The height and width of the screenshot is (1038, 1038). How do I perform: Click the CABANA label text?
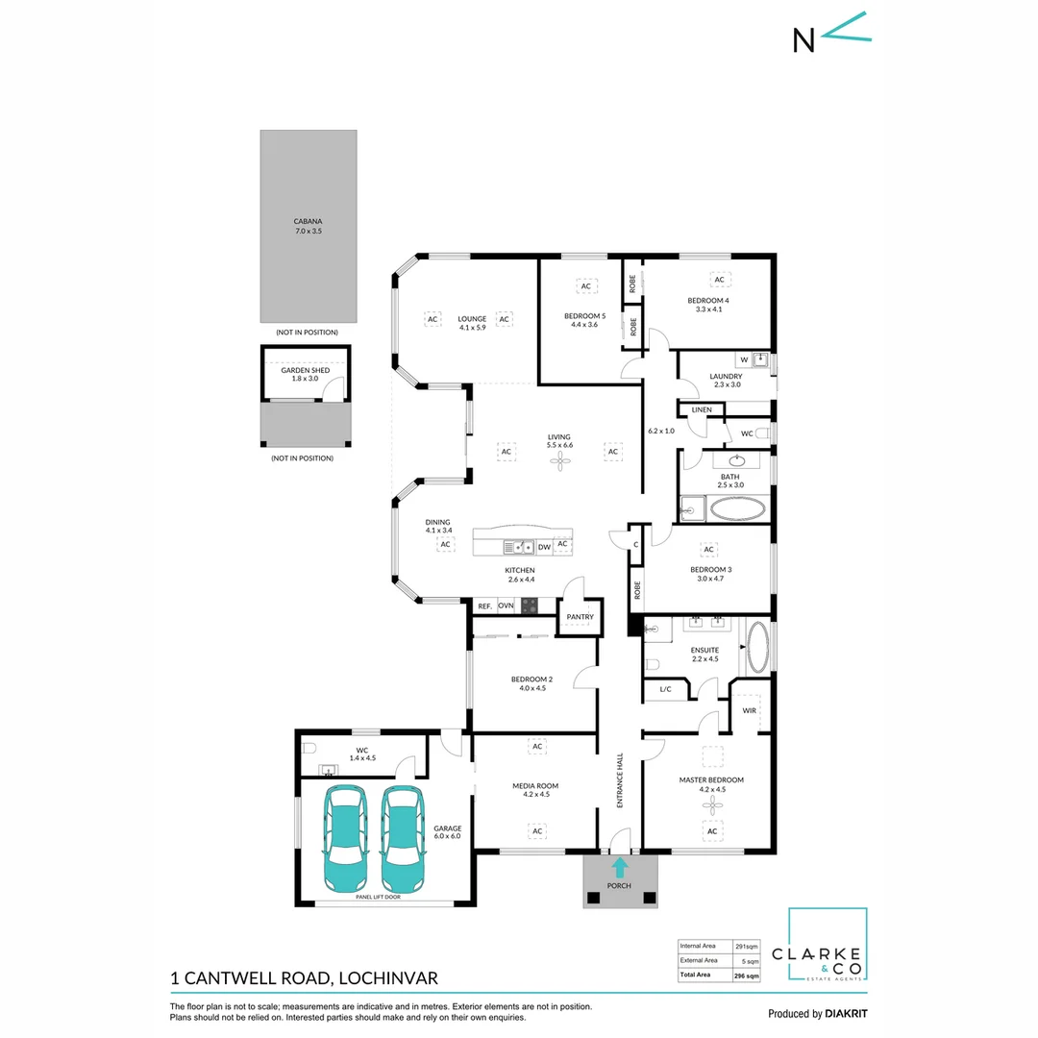click(309, 221)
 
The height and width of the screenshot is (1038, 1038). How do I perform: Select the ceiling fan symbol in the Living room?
click(560, 462)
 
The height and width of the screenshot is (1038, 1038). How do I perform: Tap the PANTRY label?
click(581, 617)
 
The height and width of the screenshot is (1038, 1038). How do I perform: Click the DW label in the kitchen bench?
click(544, 547)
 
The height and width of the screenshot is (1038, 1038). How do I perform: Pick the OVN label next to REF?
click(506, 606)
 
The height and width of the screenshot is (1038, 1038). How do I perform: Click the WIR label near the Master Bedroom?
click(750, 711)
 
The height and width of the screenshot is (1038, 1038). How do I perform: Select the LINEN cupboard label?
click(702, 410)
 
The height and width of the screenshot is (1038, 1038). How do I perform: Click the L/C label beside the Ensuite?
click(665, 689)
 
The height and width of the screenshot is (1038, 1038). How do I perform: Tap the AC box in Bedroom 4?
click(718, 280)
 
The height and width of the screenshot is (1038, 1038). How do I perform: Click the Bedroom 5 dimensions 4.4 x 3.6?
click(585, 325)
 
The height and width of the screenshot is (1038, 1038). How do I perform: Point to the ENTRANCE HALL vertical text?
click(620, 779)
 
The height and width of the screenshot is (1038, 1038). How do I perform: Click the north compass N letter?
click(803, 39)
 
